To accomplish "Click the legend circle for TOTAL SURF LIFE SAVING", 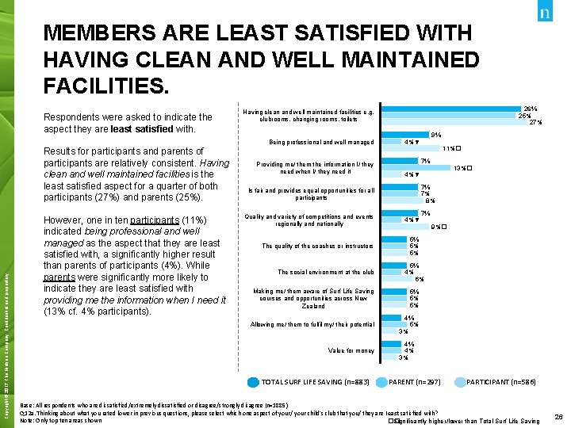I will coord(252,382).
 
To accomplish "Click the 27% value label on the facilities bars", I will coord(535,123).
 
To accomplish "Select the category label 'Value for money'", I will coord(351,350).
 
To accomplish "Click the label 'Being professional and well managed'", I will coord(321,143).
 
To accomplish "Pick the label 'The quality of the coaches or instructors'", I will coord(318,246).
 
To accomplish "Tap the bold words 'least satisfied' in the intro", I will coord(143,128).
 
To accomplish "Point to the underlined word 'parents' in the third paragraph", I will coord(59,277).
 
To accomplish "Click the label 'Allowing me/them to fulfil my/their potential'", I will coord(312,325).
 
